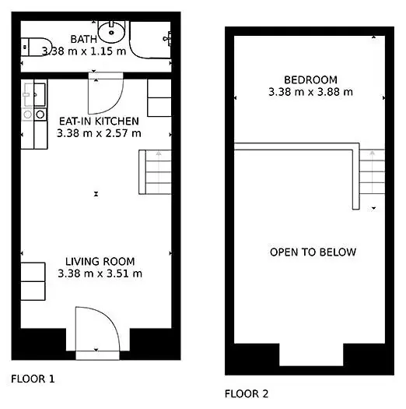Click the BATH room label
(83, 39)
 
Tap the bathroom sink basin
(111, 33)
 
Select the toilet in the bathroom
(37, 47)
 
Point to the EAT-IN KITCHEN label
(99, 121)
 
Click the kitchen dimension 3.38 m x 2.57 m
(99, 133)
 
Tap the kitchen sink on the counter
(40, 95)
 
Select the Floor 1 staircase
(156, 172)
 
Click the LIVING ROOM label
(100, 261)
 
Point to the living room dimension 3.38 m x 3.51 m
(100, 273)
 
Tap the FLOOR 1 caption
(33, 379)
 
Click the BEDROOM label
(310, 79)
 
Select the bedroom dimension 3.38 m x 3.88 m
(310, 92)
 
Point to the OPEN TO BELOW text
(313, 252)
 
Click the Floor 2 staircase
(372, 171)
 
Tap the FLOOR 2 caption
(247, 393)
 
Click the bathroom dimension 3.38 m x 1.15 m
(84, 51)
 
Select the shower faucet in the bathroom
(167, 39)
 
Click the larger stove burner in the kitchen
(40, 115)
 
